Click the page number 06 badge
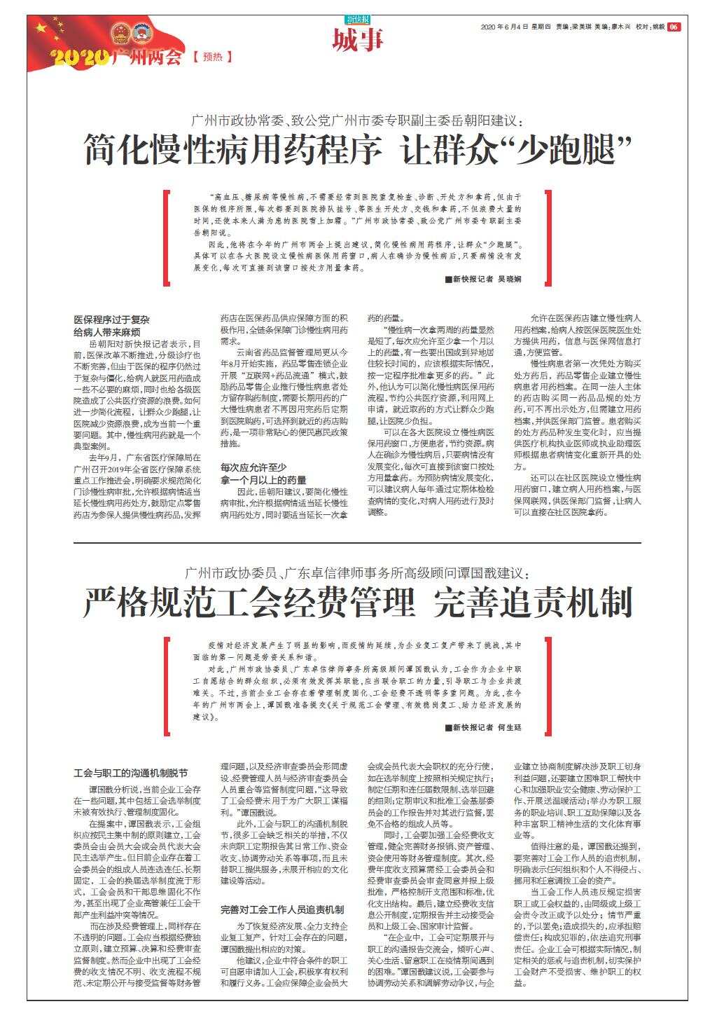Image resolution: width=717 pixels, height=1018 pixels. (x=674, y=27)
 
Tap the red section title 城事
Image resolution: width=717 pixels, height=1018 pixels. (x=358, y=40)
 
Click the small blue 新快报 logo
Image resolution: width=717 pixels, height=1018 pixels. (x=358, y=20)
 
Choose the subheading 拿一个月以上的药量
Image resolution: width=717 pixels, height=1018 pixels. (x=263, y=480)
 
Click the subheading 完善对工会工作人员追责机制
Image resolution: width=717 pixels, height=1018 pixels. (x=282, y=909)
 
